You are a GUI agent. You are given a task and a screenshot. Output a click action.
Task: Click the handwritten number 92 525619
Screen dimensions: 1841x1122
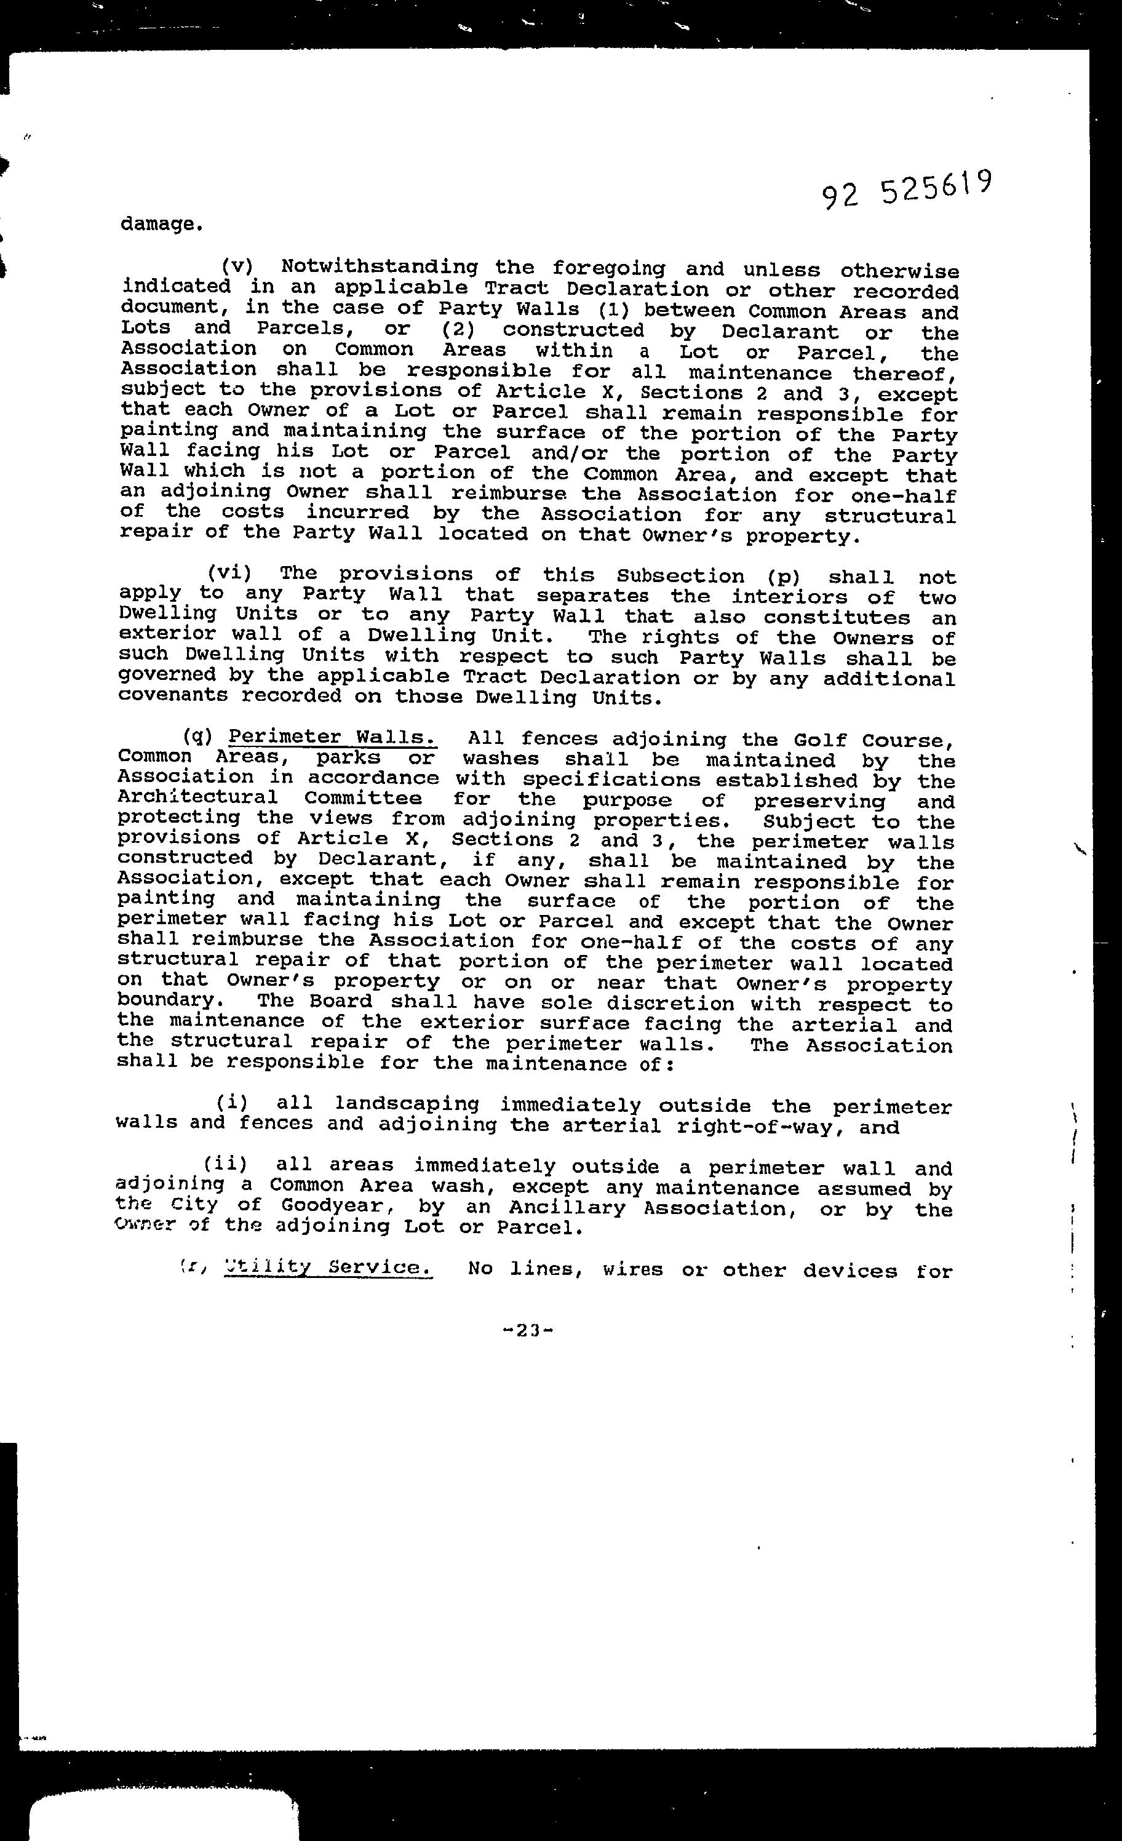[x=906, y=191]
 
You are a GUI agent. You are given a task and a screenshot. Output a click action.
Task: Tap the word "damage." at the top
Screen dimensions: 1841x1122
[x=161, y=224]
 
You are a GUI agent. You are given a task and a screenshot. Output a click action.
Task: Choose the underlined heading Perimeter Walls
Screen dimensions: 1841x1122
[x=332, y=737]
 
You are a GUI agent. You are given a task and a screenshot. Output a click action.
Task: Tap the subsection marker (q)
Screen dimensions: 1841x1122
[x=198, y=737]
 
